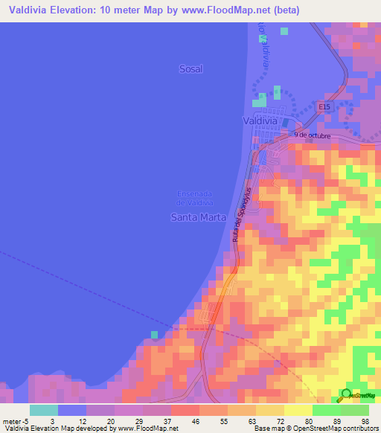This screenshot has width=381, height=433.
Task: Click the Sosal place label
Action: tap(190, 68)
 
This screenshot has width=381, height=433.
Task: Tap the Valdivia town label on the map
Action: tap(260, 120)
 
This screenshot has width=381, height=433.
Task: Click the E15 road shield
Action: tap(324, 107)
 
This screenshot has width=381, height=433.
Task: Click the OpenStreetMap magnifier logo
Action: tap(346, 395)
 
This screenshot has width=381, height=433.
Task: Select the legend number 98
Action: tap(365, 420)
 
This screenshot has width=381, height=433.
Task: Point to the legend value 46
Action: tap(196, 420)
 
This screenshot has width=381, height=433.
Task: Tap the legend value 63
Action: tap(252, 420)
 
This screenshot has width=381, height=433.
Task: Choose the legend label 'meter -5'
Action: tap(14, 420)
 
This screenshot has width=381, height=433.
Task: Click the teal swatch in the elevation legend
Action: tap(44, 410)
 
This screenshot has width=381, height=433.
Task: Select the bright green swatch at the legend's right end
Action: tap(355, 410)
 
